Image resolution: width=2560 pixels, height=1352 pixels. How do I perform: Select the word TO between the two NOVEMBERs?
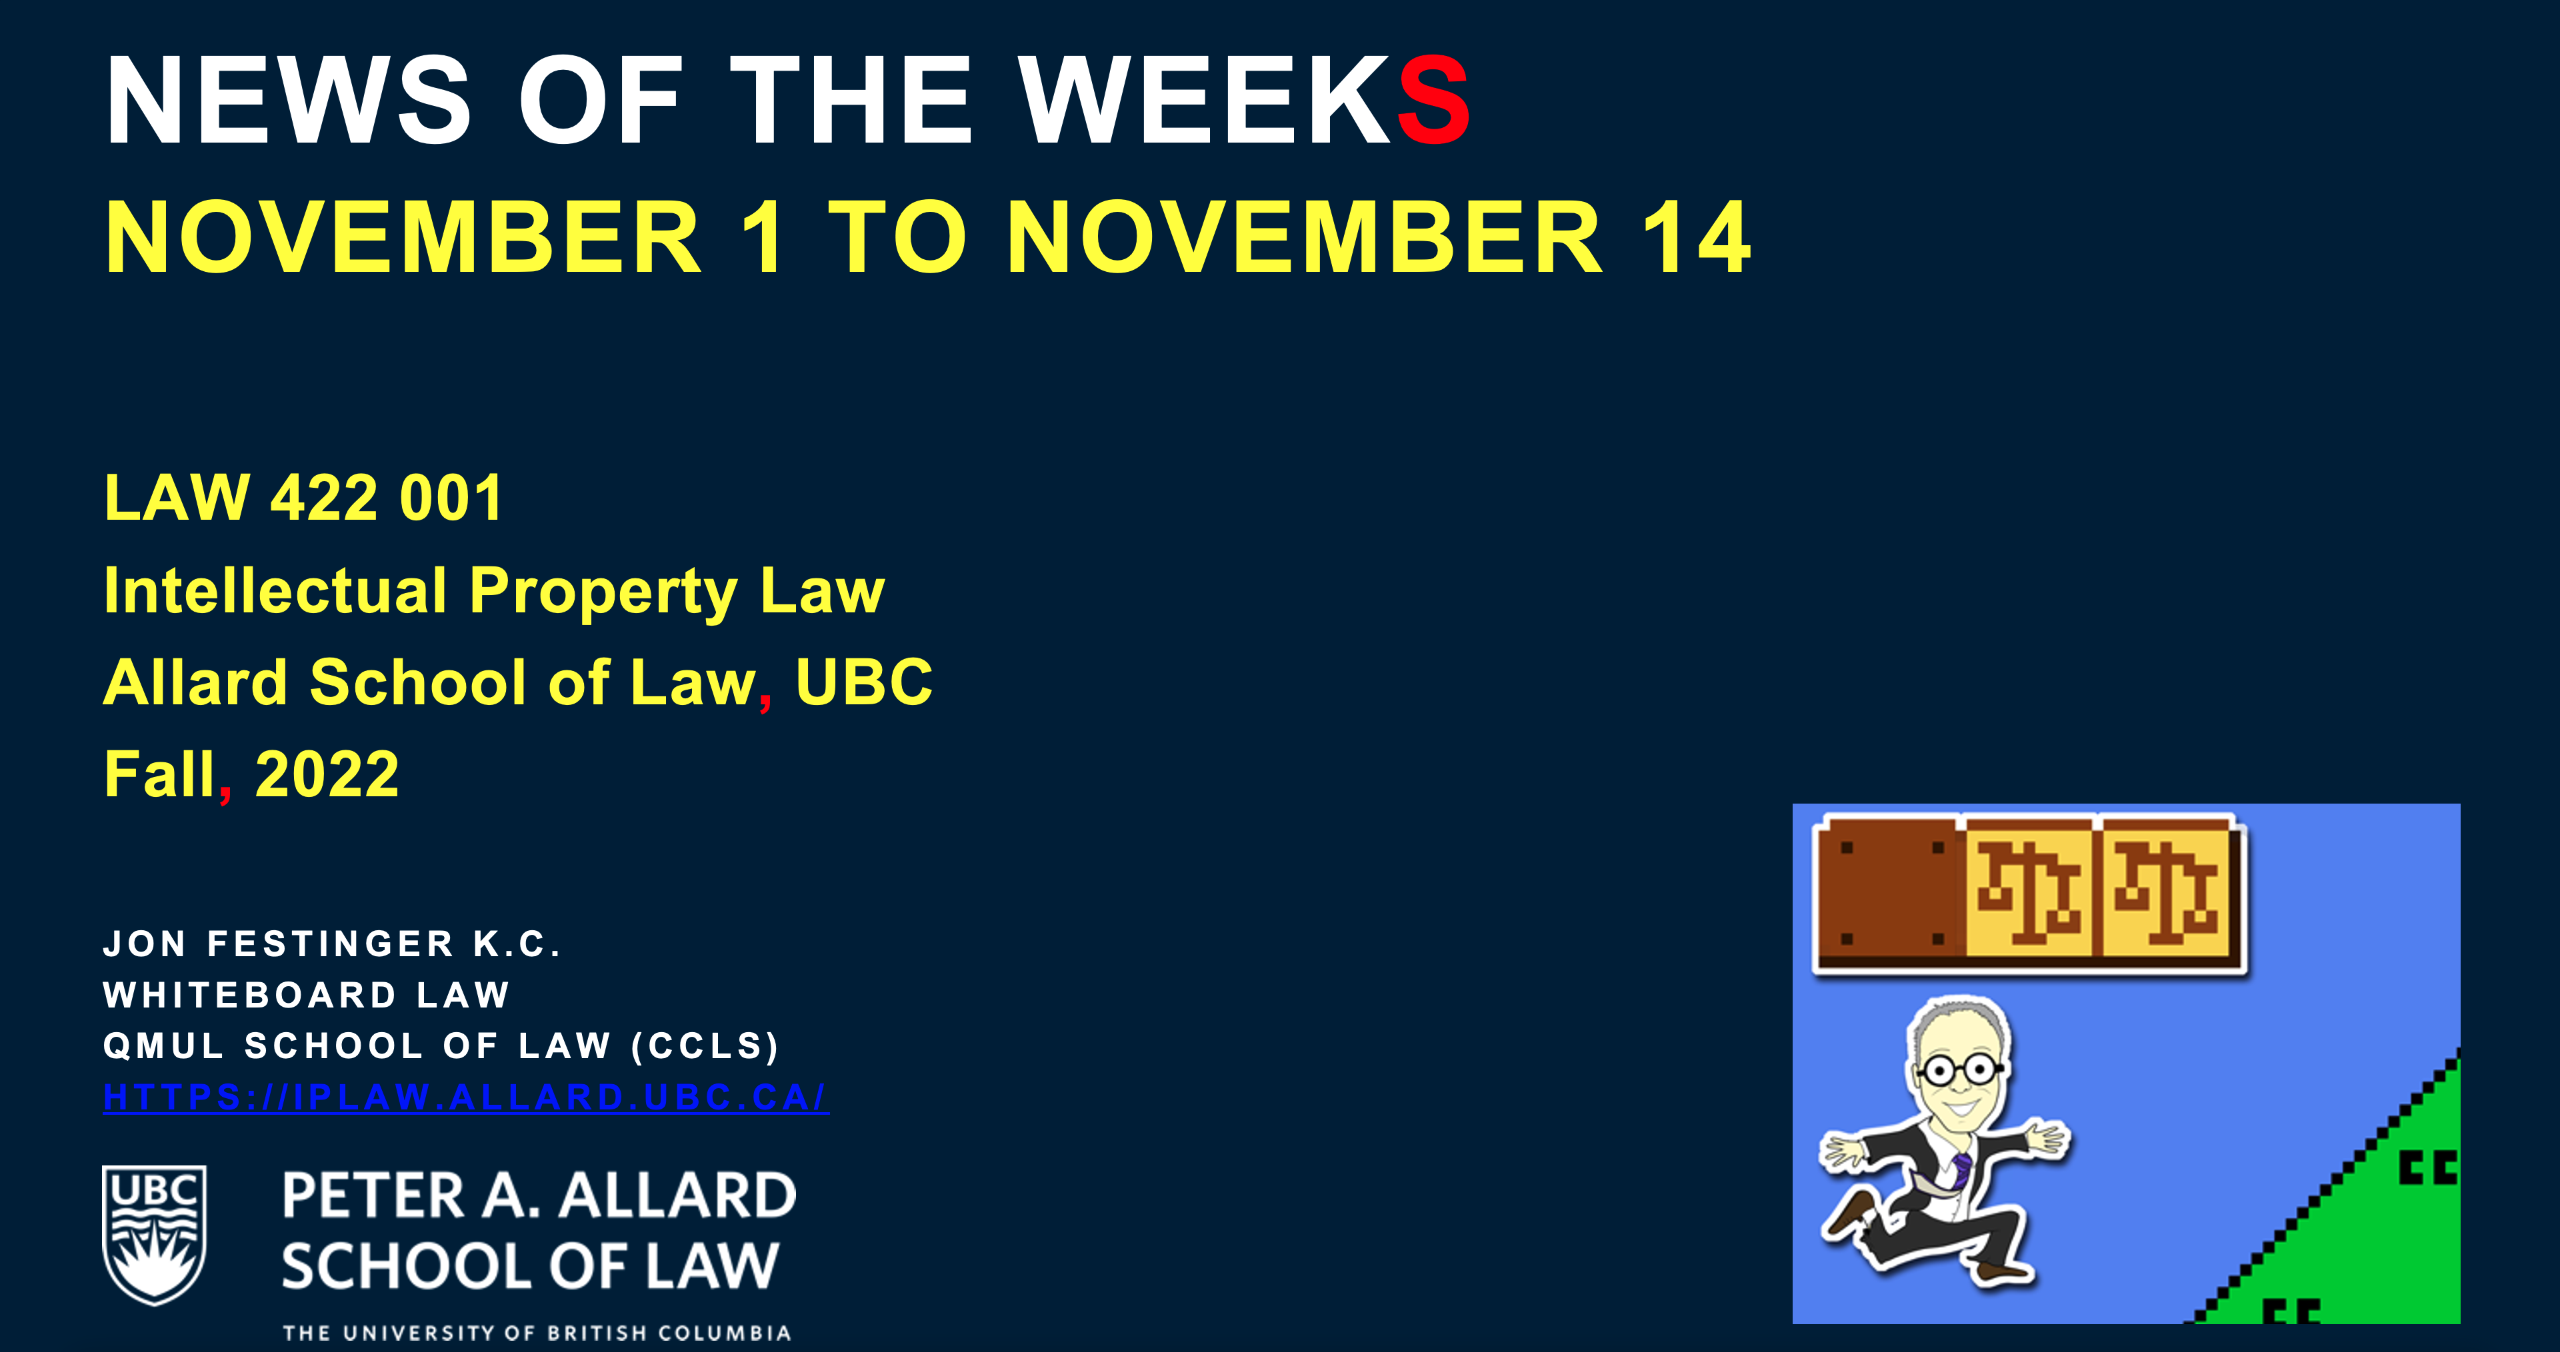897,237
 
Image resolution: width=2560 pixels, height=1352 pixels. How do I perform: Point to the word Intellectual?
275,590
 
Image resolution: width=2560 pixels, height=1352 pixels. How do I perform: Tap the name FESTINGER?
331,944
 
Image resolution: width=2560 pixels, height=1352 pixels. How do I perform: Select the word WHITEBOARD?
251,994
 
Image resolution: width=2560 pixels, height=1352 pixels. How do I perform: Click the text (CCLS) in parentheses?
705,1046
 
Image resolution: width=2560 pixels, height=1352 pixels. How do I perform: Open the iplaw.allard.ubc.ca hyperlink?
465,1097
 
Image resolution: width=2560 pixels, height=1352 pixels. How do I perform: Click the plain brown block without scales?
1890,893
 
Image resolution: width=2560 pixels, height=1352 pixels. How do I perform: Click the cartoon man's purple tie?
1961,1170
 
